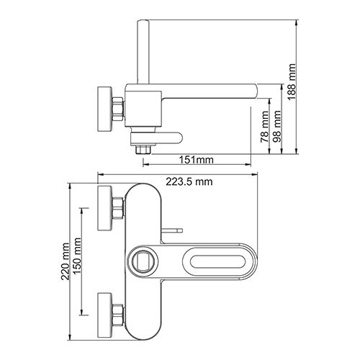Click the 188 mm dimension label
pyautogui.click(x=292, y=82)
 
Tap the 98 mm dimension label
pyautogui.click(x=277, y=126)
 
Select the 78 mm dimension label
pyautogui.click(x=265, y=127)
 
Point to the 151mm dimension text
pyautogui.click(x=197, y=160)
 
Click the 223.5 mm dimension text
pyautogui.click(x=189, y=181)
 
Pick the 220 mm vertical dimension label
pyautogui.click(x=66, y=261)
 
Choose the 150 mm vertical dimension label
pyautogui.click(x=77, y=256)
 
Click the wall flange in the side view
pyautogui.click(x=105, y=109)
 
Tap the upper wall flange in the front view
pyautogui.click(x=105, y=208)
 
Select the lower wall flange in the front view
pyautogui.click(x=105, y=315)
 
